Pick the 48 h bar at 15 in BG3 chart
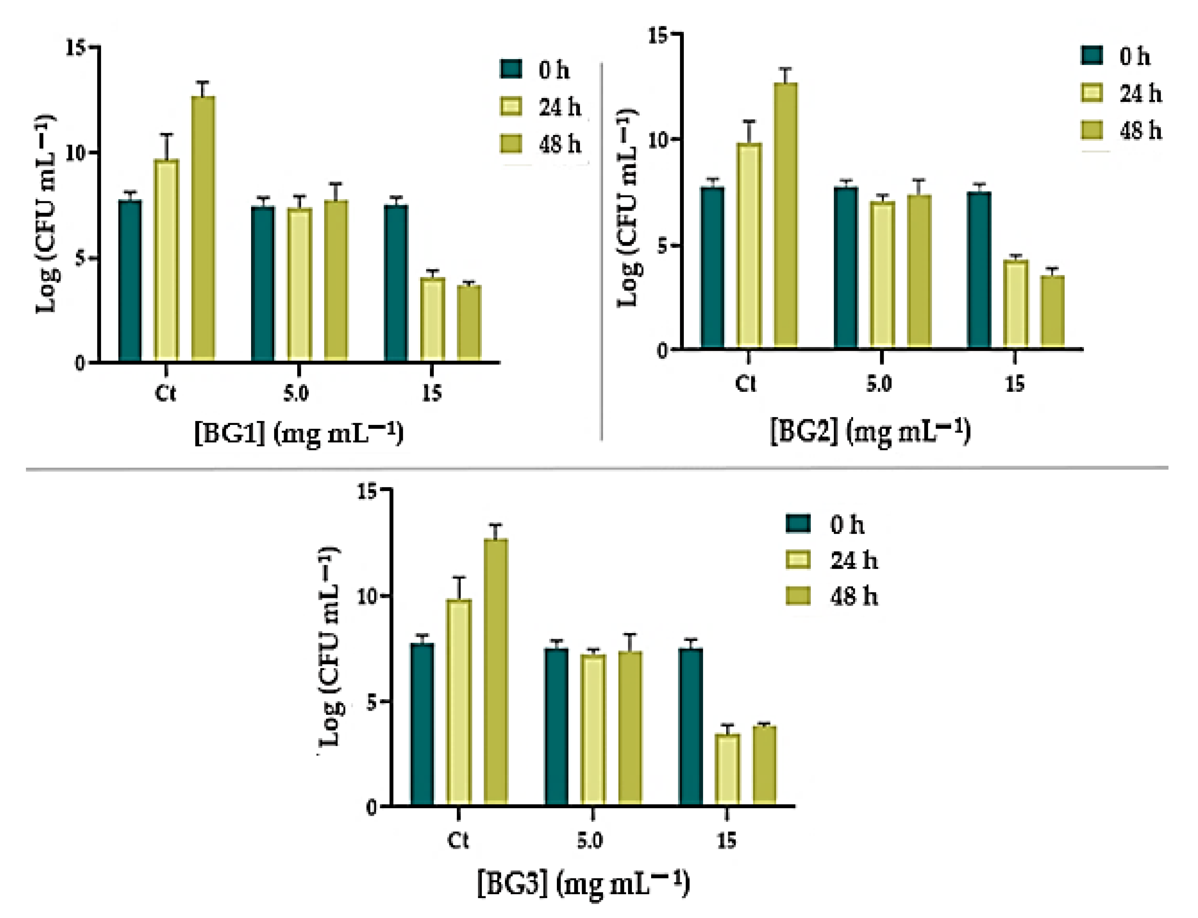(x=765, y=765)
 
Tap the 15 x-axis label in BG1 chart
(x=431, y=393)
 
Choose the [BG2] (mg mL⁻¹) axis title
(x=870, y=432)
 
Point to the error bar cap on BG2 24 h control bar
(x=749, y=121)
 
